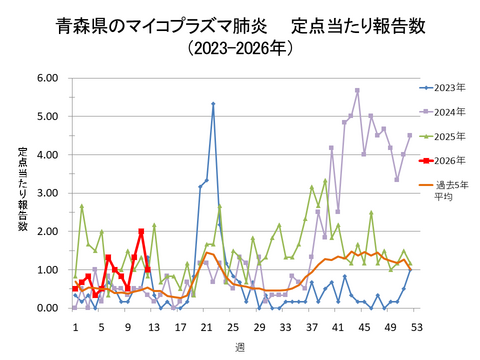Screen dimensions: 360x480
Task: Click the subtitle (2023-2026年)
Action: (x=240, y=48)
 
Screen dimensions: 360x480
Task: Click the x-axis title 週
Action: (x=243, y=345)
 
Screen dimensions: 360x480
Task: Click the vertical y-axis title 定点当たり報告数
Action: (x=22, y=192)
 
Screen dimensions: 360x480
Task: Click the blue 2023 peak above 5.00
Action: (x=213, y=104)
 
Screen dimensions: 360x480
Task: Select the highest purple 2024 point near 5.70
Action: (x=357, y=90)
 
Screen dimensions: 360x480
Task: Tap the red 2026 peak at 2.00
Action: (x=141, y=232)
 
